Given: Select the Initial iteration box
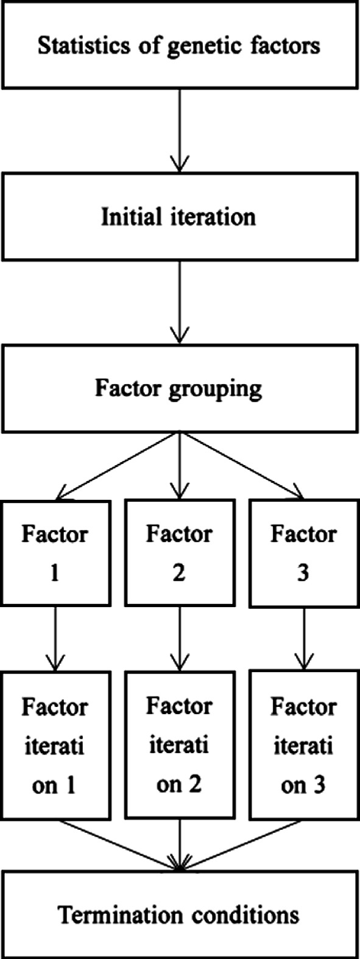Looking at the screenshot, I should point(180,216).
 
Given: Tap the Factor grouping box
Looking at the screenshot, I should point(180,388).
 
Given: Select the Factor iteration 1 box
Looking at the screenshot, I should point(55,745).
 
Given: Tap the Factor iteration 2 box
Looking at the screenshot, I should point(179,745).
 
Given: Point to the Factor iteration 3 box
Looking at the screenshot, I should point(303,745).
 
